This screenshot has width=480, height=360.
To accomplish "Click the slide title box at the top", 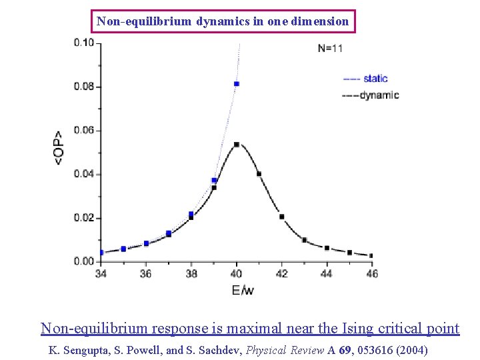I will [x=223, y=21].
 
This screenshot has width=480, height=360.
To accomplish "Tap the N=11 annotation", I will [x=330, y=48].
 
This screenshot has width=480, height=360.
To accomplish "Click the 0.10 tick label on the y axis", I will [x=84, y=43].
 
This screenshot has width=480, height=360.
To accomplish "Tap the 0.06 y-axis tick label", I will [x=84, y=131].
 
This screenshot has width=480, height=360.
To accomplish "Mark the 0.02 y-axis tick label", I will [x=84, y=218].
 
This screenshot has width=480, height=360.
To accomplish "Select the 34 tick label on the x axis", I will [x=101, y=273].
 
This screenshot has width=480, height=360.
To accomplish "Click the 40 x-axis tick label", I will [x=237, y=273].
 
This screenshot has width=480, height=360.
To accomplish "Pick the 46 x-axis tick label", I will [x=371, y=273].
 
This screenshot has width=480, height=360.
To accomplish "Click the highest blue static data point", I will [x=237, y=84].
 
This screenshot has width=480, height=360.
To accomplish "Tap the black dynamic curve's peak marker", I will [x=237, y=145].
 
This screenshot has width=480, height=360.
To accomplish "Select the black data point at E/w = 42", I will [x=281, y=217].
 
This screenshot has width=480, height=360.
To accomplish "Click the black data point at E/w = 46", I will [x=371, y=255].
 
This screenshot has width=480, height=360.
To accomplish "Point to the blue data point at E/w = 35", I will [x=123, y=249].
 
